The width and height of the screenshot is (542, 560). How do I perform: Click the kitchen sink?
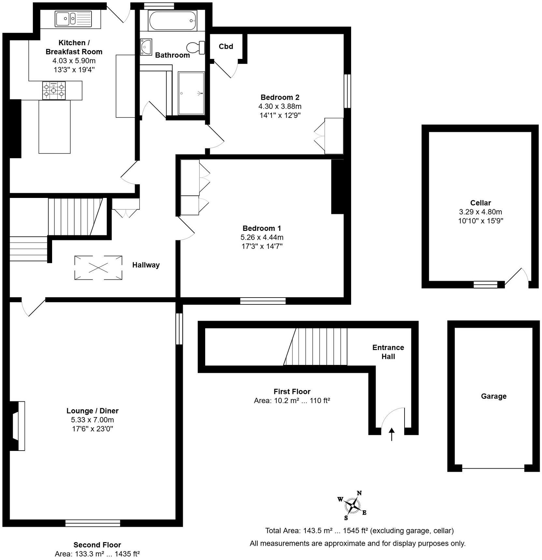[73, 19]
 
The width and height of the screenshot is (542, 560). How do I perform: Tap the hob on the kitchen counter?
[54, 90]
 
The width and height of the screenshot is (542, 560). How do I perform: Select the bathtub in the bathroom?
[172, 21]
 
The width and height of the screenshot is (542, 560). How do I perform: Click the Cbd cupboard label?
[226, 47]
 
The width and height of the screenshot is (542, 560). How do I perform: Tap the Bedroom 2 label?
[280, 97]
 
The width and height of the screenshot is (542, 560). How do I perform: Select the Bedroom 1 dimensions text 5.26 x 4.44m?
[262, 237]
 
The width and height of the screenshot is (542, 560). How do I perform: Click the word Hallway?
[146, 265]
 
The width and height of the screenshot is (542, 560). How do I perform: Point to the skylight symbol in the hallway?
[98, 268]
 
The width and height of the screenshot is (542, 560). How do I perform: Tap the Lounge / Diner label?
[93, 411]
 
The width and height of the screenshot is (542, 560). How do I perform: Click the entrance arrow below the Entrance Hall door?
[392, 434]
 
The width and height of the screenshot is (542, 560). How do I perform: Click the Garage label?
[493, 396]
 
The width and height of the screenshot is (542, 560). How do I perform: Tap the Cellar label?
[480, 203]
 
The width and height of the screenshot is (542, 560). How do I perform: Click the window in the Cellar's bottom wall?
[485, 285]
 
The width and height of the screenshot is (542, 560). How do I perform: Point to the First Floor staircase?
[316, 346]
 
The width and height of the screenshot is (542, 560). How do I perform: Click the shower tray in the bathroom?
[191, 93]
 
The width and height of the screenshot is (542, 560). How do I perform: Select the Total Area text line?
[359, 531]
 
